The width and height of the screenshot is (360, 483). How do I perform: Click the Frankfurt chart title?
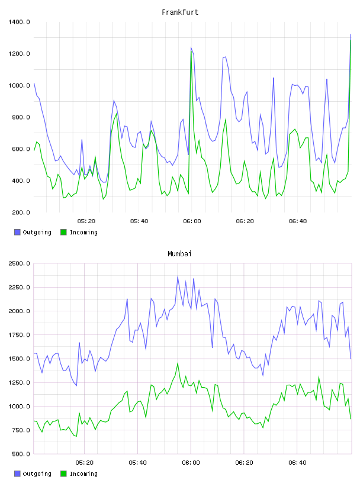pos(180,12)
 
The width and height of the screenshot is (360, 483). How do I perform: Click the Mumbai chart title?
pos(179,254)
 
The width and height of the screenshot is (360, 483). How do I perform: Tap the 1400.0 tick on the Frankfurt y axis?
pos(19,22)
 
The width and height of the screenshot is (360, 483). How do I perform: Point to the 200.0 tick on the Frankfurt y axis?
pos(21,212)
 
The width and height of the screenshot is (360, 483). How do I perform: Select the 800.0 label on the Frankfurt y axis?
pos(21,117)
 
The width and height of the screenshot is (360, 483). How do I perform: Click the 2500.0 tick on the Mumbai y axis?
pos(19,263)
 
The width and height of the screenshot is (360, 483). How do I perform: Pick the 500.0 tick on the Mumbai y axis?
pos(21,454)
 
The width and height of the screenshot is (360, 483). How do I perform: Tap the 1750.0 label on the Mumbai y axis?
pos(19,335)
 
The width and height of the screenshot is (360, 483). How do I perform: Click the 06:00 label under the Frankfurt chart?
pos(192,221)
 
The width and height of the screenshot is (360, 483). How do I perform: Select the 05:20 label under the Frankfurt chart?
pos(86,221)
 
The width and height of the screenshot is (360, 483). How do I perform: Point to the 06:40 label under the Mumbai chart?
pos(297,463)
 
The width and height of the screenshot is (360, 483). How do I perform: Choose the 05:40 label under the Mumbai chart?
pos(138,463)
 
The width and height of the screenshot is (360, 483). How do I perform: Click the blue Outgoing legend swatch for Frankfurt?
pos(17,232)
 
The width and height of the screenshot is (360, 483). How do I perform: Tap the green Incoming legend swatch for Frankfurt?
pos(63,232)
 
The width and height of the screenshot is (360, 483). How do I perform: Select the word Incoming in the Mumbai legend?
pos(83,474)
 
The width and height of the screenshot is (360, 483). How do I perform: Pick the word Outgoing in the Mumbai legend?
pos(37,474)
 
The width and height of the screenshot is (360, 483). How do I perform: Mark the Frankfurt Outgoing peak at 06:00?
pos(191,47)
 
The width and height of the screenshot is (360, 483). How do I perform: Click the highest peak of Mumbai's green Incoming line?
pos(178,363)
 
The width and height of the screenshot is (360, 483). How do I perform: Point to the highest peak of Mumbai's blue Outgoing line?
pos(178,276)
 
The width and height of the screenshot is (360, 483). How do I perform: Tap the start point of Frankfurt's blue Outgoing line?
pos(34,83)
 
